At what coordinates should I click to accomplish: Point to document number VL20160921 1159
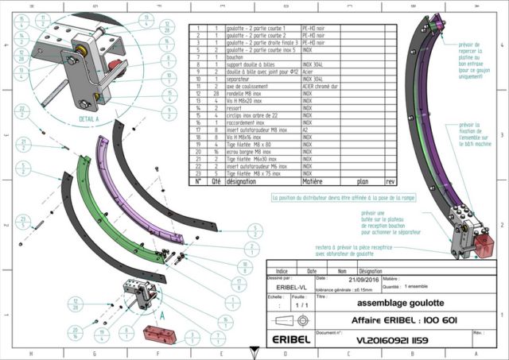click(x=383, y=339)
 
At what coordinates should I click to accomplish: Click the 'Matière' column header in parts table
click(x=313, y=180)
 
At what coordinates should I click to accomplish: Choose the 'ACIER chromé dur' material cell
click(x=320, y=87)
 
